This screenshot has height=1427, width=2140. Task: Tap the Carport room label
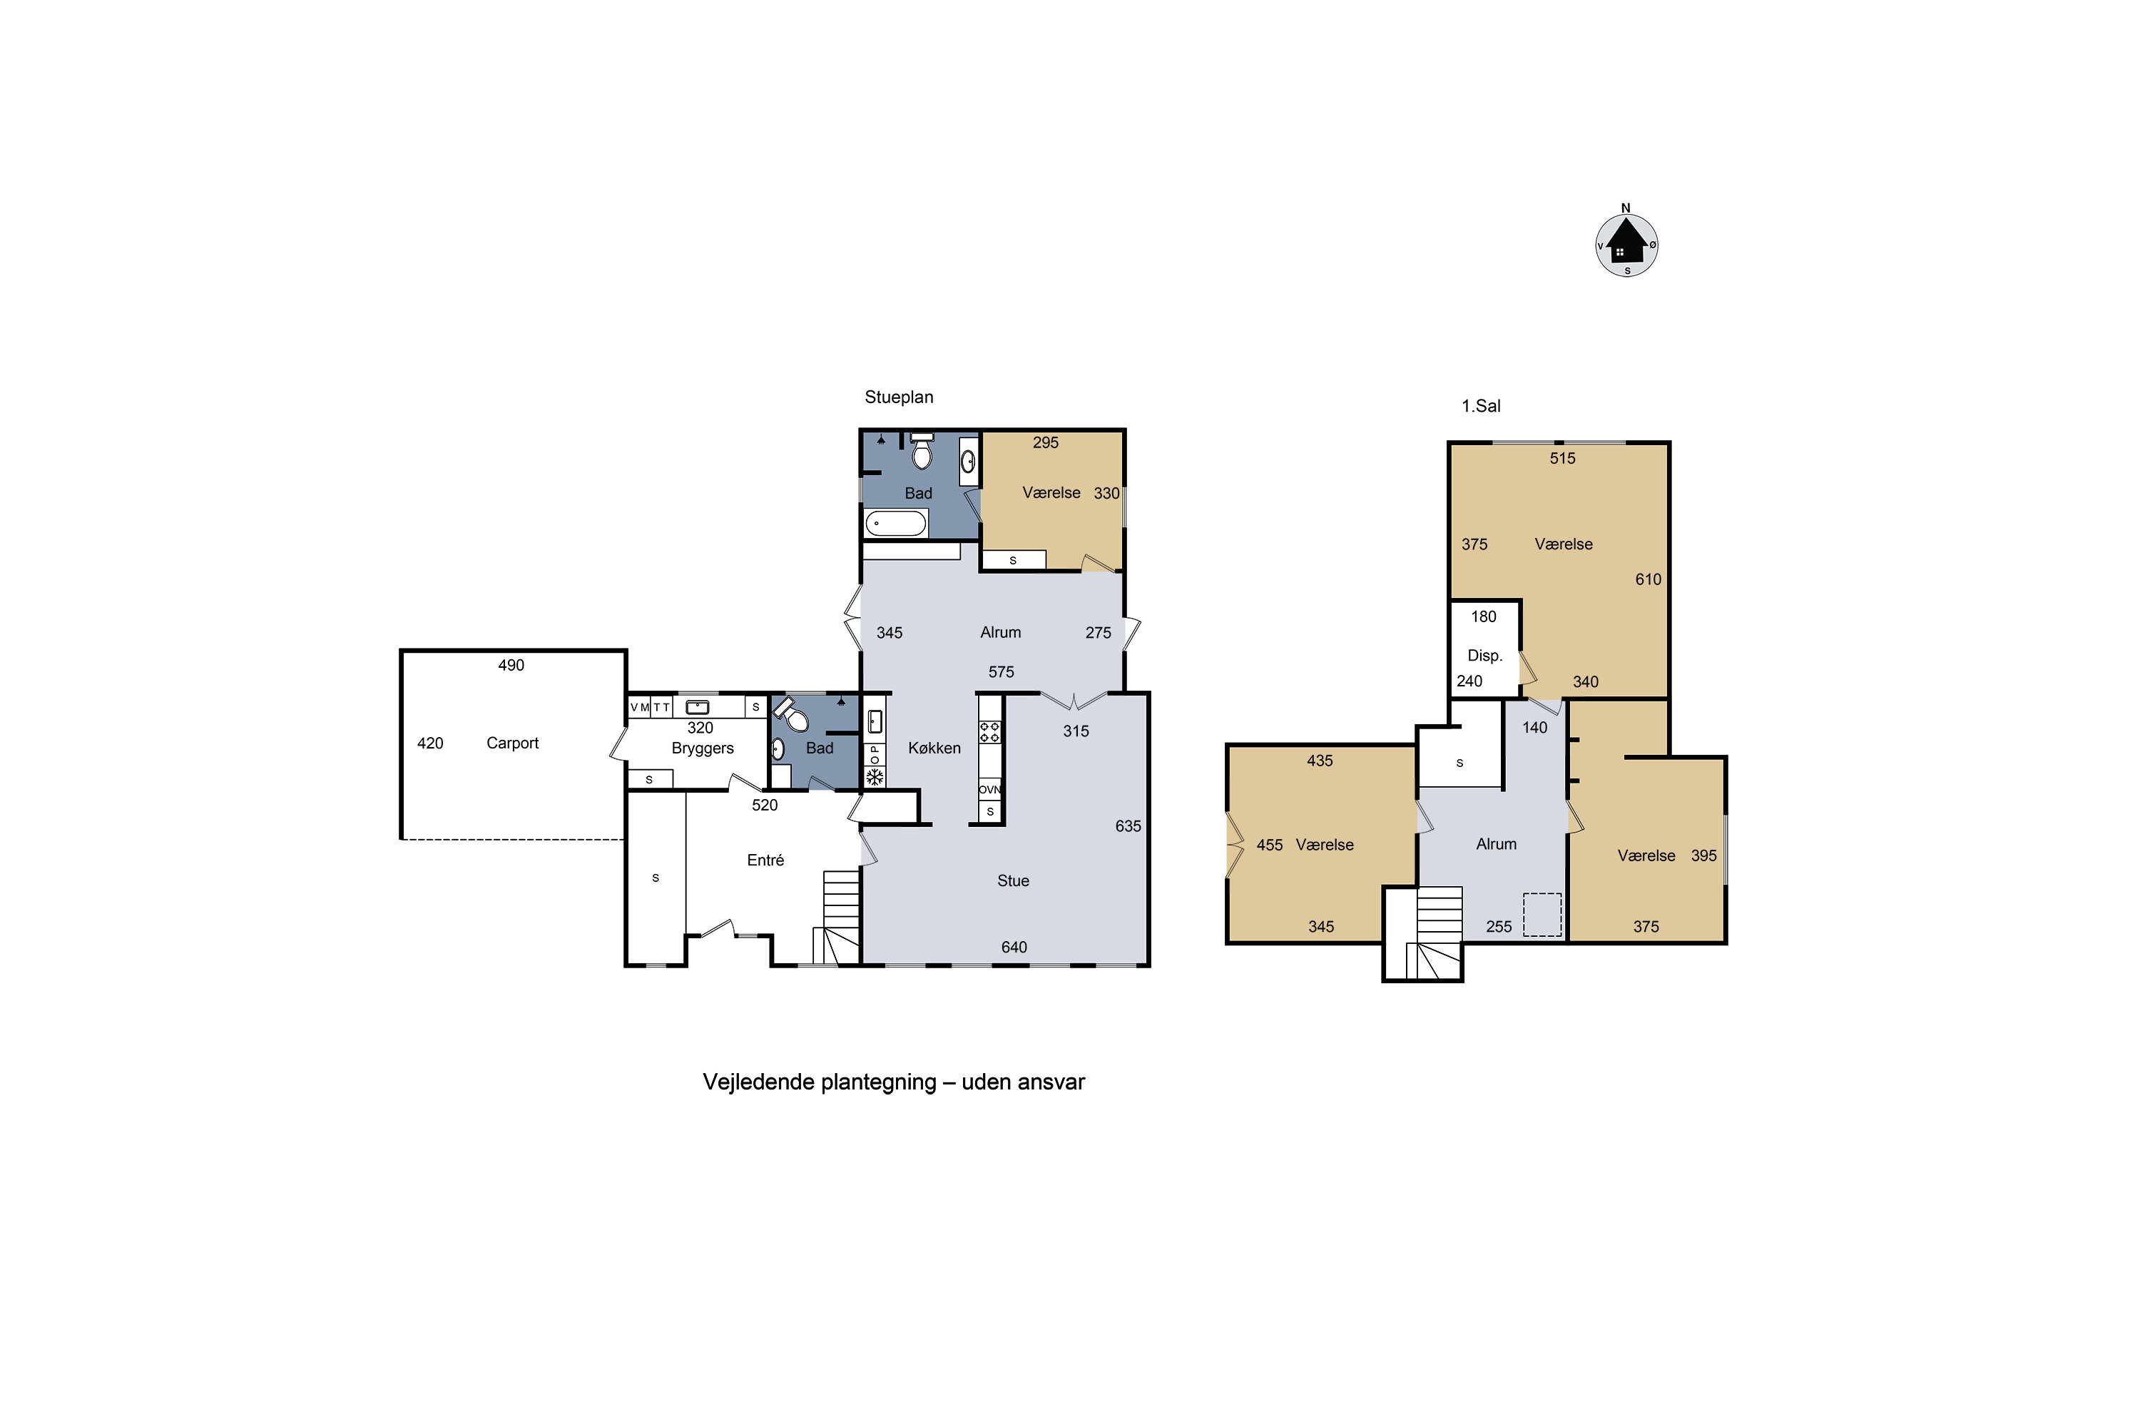tap(512, 743)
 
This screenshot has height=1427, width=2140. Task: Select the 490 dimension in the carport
tap(511, 665)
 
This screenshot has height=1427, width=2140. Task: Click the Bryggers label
tap(703, 748)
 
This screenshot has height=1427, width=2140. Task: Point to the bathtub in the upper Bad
tap(895, 523)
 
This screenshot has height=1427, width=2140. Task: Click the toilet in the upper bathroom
tap(922, 450)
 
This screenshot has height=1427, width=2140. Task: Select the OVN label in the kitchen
tap(990, 789)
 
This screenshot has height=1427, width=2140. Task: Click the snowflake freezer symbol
tap(875, 777)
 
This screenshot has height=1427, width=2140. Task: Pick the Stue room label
tap(1013, 881)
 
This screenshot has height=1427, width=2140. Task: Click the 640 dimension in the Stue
tap(1014, 948)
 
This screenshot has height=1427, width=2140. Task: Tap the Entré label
tap(765, 860)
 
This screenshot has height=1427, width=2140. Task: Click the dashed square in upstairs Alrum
tap(1542, 915)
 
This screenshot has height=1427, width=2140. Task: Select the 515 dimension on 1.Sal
tap(1562, 459)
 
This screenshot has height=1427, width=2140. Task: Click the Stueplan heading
tap(899, 397)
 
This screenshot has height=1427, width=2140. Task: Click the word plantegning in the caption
tap(878, 1082)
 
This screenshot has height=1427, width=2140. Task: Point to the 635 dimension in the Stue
tap(1128, 826)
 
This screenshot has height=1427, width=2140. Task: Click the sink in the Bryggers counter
tap(697, 707)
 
